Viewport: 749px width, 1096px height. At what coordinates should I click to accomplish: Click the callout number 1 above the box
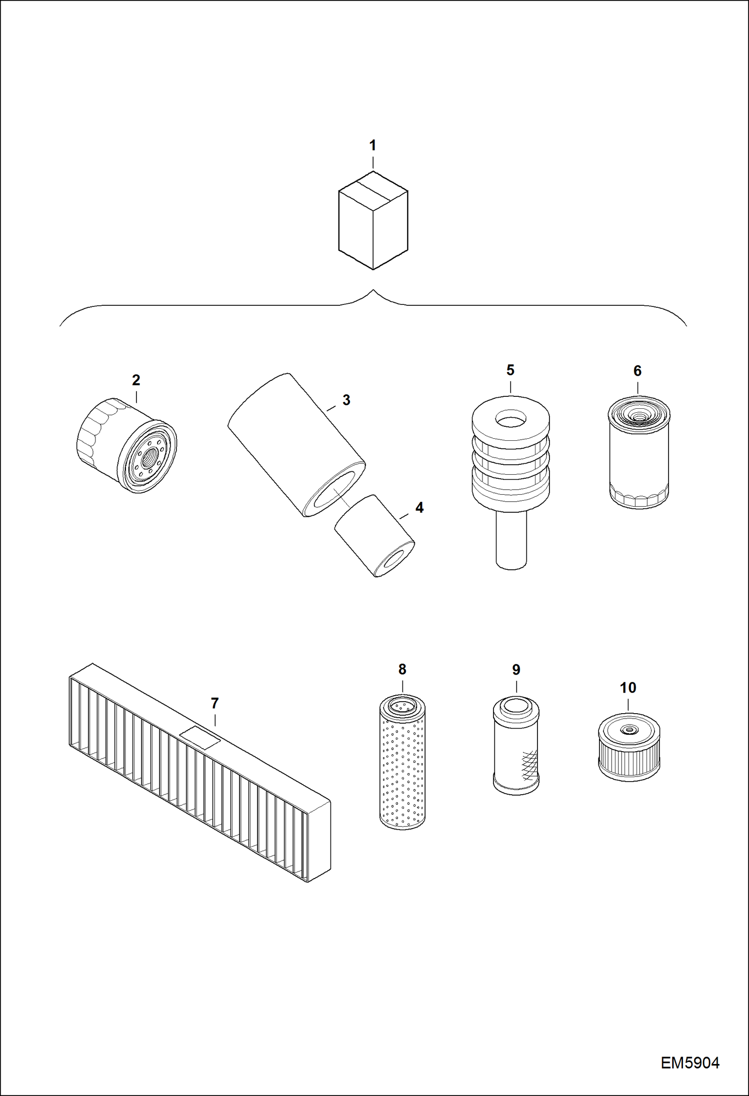point(372,145)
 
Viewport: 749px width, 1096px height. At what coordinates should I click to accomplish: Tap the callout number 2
point(136,380)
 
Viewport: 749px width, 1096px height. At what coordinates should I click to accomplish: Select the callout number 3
point(346,400)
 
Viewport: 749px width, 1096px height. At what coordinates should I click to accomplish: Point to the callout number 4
point(419,508)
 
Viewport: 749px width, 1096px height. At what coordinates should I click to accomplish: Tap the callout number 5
point(510,370)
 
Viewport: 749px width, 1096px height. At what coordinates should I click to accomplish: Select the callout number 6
point(637,371)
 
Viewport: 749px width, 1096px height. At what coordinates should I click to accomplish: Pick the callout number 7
point(214,703)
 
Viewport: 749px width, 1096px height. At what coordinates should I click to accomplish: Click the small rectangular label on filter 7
point(199,738)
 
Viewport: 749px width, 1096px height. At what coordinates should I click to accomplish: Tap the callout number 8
point(402,669)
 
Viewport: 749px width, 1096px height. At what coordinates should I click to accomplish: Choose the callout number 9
point(516,670)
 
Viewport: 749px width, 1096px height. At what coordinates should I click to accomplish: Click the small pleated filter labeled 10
point(629,747)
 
